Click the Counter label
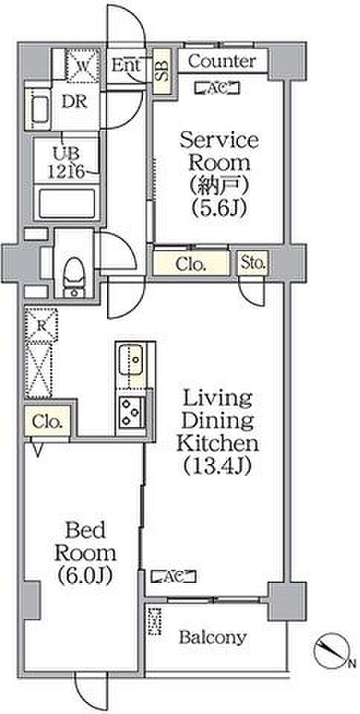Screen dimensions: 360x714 tap(222, 62)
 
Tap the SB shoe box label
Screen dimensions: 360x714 tap(162, 71)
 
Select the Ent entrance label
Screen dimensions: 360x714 tap(126, 65)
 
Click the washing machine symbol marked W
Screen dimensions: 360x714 tap(83, 65)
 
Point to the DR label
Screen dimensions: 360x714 tap(74, 102)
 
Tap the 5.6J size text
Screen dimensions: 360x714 tap(219, 208)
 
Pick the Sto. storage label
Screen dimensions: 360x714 tap(253, 263)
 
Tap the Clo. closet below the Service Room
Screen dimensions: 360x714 tap(190, 265)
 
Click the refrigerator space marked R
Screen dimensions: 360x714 tap(42, 325)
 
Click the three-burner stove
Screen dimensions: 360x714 tap(132, 411)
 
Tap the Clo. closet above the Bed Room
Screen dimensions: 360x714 tap(47, 422)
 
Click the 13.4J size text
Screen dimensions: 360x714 tap(217, 466)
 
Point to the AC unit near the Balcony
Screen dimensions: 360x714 tap(174, 577)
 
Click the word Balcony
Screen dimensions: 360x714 tap(213, 638)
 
